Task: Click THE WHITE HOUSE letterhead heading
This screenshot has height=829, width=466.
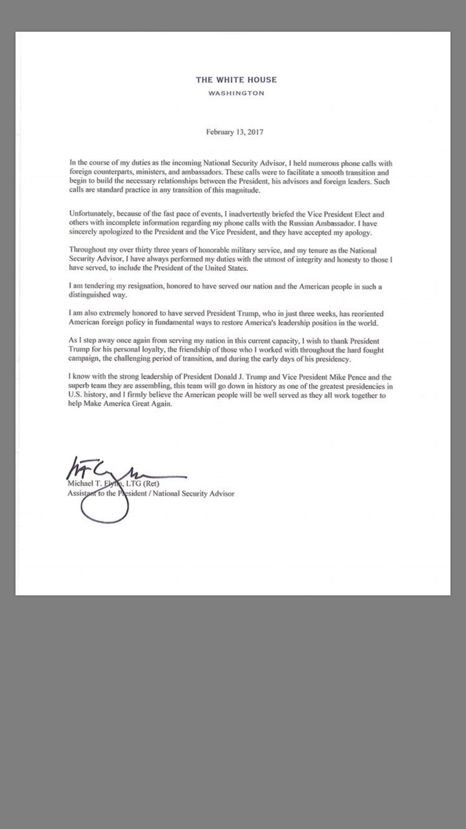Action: click(236, 80)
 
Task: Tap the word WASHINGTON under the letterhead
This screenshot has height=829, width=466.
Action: click(236, 93)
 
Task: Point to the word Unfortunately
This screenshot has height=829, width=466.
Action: click(91, 214)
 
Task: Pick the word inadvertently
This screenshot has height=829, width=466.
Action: click(235, 214)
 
